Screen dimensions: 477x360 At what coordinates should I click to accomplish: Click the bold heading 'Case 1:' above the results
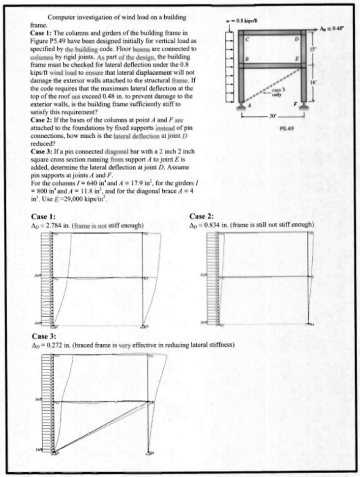point(43,216)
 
